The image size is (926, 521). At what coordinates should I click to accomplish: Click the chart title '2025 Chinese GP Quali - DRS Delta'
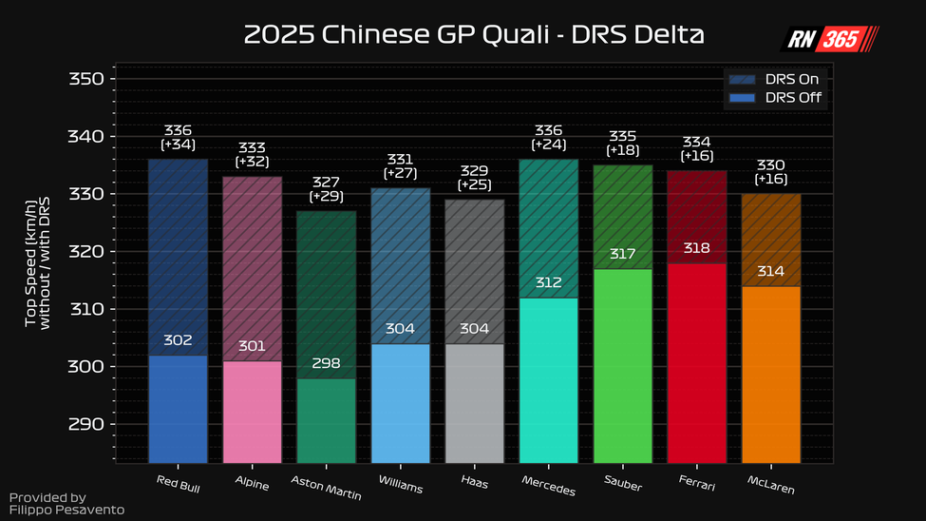[474, 35]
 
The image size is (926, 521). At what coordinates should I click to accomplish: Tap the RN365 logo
[829, 38]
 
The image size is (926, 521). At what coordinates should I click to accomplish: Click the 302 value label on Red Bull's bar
[179, 340]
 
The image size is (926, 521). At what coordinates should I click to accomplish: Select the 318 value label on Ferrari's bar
[697, 248]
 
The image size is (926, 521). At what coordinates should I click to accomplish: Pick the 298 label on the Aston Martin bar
[326, 363]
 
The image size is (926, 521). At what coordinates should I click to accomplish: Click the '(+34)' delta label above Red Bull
[179, 145]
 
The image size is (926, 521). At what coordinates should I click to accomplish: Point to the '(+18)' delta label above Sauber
[622, 150]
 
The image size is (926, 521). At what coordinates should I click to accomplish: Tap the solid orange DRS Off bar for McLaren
[771, 380]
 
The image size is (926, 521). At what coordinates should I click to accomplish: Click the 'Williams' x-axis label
[401, 483]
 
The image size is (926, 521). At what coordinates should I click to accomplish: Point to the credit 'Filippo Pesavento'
[66, 511]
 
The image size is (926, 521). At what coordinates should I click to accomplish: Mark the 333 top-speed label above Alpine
[252, 147]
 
